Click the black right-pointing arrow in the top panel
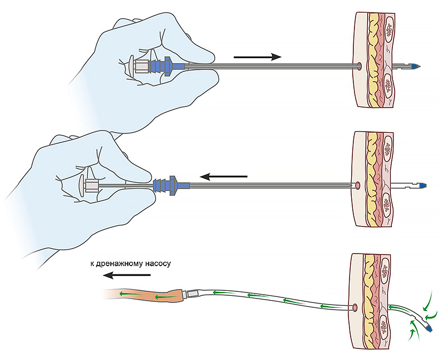(x=257, y=56)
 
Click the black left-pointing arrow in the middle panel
(x=223, y=177)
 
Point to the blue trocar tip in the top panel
(x=417, y=67)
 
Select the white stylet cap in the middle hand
(x=88, y=184)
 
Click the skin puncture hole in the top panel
(x=358, y=67)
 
